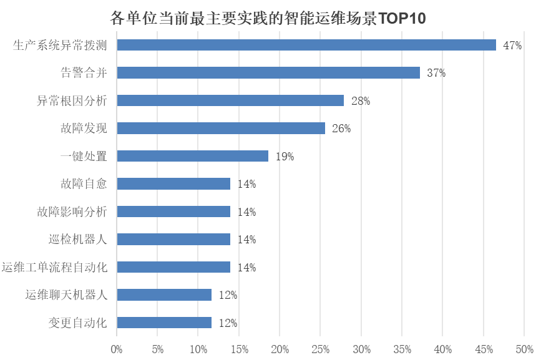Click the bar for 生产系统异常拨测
(x=306, y=45)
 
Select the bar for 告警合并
(x=268, y=73)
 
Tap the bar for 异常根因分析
(x=230, y=100)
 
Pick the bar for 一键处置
(x=193, y=156)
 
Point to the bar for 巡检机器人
(x=173, y=239)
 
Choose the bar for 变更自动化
(x=164, y=323)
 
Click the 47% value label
(x=512, y=46)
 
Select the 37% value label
(x=436, y=73)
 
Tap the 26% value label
(x=341, y=129)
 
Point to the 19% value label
(x=285, y=157)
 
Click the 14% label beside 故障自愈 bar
(x=246, y=184)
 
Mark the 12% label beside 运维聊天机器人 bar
(x=228, y=295)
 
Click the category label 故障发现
(x=84, y=129)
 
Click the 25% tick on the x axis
(x=320, y=348)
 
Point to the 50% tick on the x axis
(x=524, y=348)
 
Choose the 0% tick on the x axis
(x=117, y=348)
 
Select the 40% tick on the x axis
(x=442, y=348)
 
